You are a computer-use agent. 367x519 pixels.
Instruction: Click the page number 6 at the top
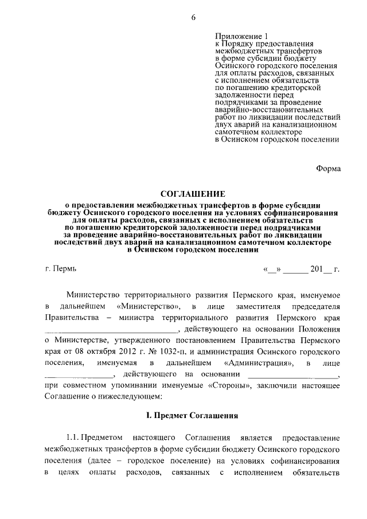point(193,17)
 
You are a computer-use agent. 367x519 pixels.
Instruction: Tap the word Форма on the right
point(329,169)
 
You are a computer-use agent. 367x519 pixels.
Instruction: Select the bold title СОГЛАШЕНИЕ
point(192,194)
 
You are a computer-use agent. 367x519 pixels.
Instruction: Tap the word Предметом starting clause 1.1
point(110,438)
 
